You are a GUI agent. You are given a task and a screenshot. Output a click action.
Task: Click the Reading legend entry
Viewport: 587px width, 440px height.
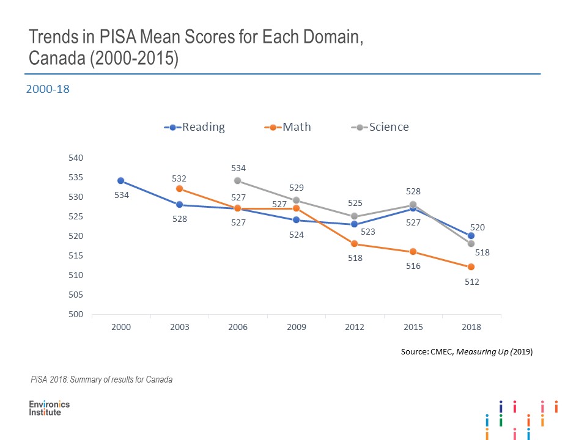[x=195, y=127]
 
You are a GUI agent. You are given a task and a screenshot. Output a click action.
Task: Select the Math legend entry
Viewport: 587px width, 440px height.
[x=288, y=127]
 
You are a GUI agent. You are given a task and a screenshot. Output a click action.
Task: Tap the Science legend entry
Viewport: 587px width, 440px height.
[x=380, y=127]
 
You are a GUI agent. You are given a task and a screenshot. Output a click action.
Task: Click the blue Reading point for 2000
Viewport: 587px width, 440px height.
[x=121, y=180]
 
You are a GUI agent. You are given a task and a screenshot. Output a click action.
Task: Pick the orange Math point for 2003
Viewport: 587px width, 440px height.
[x=179, y=189]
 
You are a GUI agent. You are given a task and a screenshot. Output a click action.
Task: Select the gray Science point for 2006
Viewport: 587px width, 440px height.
[x=237, y=180]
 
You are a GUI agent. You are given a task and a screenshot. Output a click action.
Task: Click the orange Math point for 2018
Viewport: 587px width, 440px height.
[x=471, y=266]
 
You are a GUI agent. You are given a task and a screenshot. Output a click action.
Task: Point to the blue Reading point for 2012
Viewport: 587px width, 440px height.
[x=355, y=224]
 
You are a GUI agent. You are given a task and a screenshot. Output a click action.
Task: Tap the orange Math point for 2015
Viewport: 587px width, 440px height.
[x=413, y=251]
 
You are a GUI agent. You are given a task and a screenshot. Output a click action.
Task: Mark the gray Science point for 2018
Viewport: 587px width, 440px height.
[x=471, y=243]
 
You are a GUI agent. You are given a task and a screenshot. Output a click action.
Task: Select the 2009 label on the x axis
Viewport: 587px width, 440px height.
[x=296, y=327]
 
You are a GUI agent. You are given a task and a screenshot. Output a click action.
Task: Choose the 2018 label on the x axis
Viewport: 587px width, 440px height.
[x=471, y=327]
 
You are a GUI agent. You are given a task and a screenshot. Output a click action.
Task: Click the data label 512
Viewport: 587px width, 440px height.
[x=471, y=282]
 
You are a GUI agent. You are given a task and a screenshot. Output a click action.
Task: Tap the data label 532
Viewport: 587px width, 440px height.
[x=179, y=178]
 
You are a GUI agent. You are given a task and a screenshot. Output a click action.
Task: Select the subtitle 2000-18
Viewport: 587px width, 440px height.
[x=48, y=89]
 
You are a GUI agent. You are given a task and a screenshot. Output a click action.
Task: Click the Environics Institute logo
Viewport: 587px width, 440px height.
[x=50, y=408]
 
